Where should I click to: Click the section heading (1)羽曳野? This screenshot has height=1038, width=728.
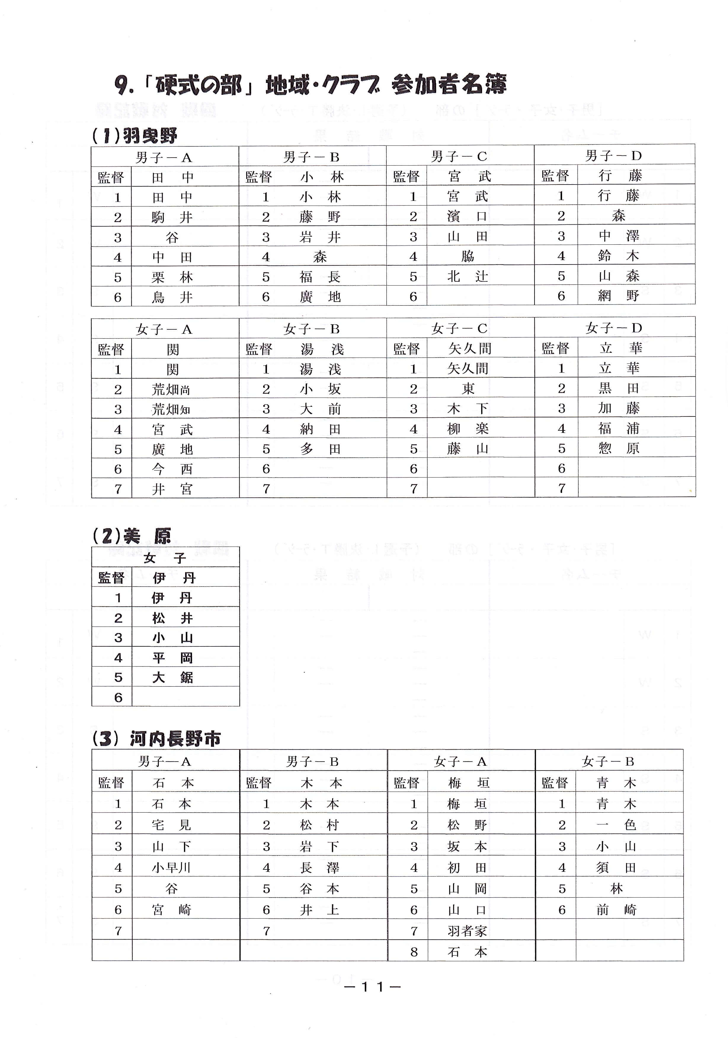pos(134,135)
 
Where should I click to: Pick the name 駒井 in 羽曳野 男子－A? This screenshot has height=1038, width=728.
pos(172,217)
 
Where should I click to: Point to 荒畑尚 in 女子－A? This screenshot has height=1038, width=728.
pos(171,389)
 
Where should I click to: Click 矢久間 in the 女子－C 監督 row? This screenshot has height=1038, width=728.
pos(469,349)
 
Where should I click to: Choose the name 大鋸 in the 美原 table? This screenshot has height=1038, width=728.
pos(172,677)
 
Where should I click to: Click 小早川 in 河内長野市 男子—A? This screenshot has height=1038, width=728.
pos(171,868)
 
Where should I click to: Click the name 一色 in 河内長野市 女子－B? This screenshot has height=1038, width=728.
pos(616,825)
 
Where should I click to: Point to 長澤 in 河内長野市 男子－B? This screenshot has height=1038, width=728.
pos(319,868)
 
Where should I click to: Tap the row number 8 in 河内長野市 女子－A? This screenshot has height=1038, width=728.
pos(414,952)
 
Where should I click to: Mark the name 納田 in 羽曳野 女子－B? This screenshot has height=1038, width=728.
pos(320,429)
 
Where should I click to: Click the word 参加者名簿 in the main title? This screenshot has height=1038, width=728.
pos(449,84)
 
